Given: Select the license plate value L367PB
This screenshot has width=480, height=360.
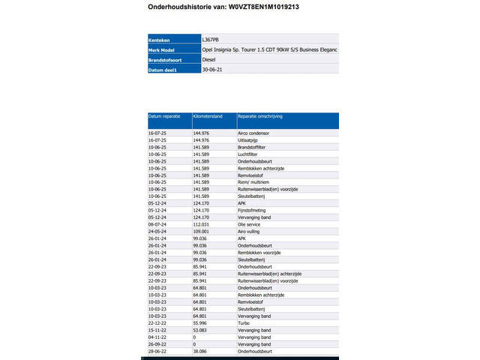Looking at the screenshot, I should point(211,39).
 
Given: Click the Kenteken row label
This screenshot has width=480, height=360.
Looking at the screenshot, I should point(160,39).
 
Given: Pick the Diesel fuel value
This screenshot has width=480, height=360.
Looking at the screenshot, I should point(210,59).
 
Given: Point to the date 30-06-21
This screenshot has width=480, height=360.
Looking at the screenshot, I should point(213,69).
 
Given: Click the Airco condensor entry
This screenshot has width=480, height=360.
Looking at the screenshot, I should point(253,133).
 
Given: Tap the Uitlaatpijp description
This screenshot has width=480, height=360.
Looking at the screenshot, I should point(248,140).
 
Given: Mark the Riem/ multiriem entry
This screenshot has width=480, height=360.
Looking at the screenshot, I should point(253,182).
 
